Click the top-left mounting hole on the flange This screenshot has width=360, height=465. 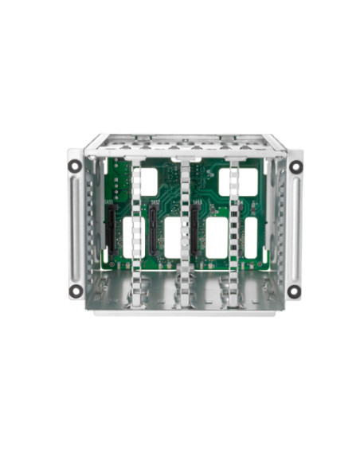(74, 166)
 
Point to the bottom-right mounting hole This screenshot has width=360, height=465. (293, 291)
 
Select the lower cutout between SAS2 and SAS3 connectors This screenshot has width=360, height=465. (172, 237)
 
